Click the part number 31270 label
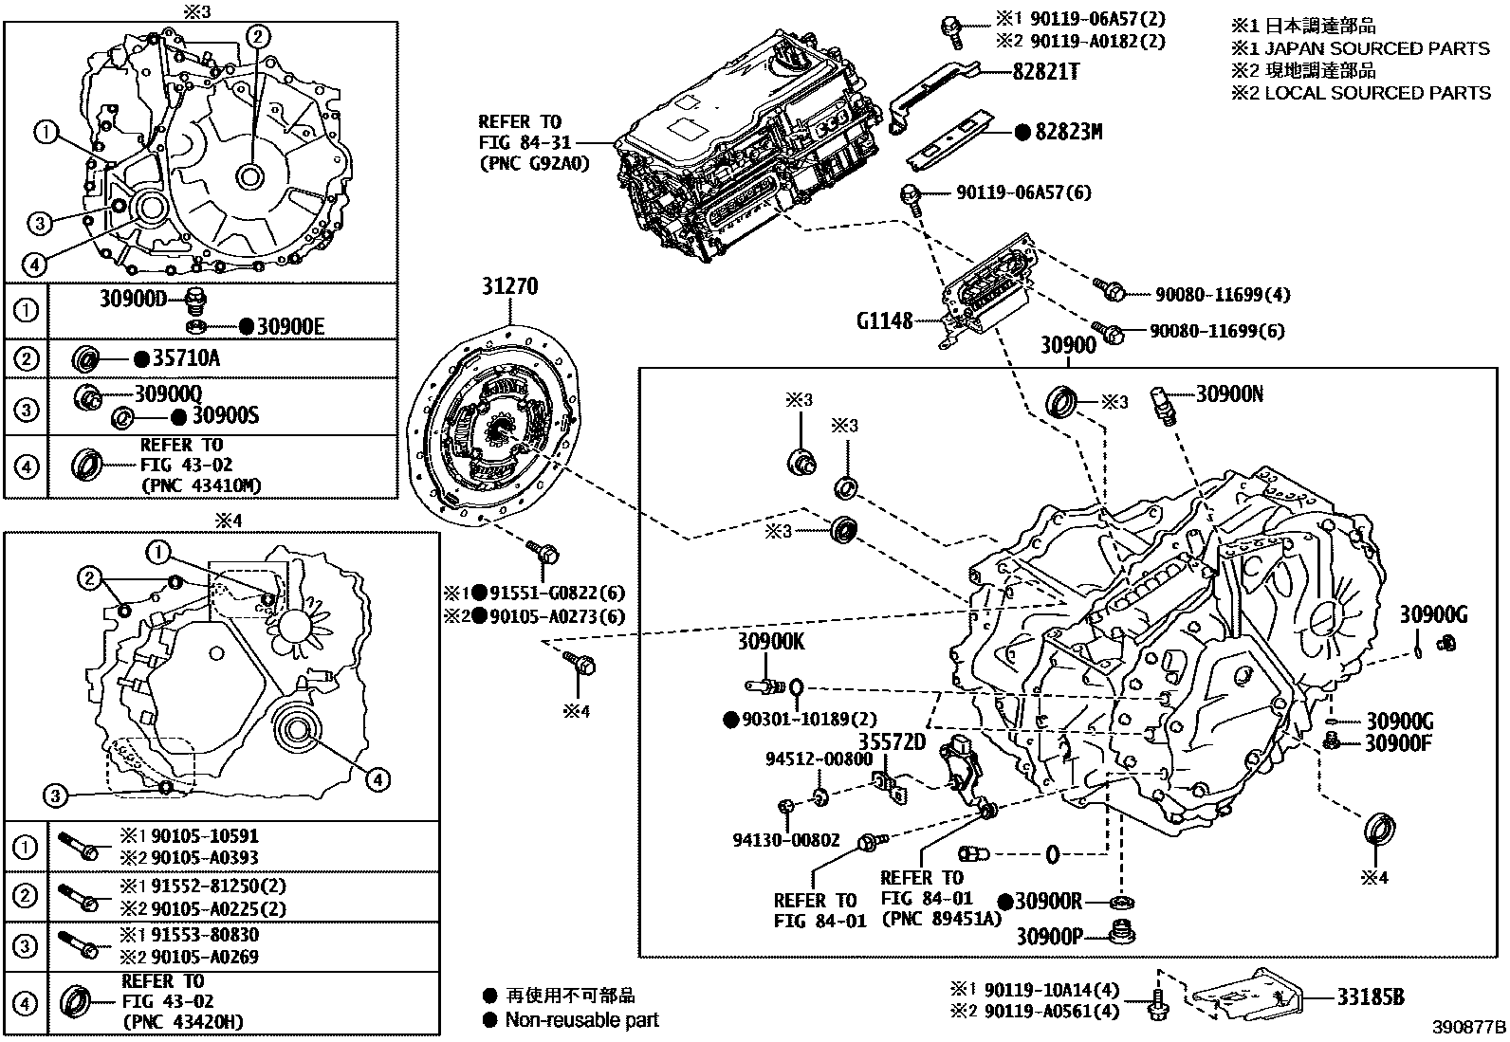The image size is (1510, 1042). (510, 285)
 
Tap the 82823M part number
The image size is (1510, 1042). (1068, 133)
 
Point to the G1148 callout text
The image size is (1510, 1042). (884, 320)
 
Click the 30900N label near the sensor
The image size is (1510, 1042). (1229, 393)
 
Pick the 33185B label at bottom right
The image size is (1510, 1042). (1372, 996)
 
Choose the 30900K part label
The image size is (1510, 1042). (771, 642)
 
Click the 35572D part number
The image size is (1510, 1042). (892, 741)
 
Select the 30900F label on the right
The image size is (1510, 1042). (1398, 743)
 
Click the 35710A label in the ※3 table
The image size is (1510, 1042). (187, 358)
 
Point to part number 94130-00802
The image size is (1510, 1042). (786, 840)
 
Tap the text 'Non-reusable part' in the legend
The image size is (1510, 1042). (581, 1020)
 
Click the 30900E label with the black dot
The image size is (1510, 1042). (290, 327)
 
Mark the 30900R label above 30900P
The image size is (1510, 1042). (1049, 902)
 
